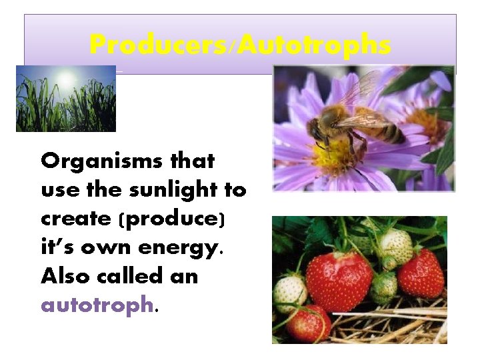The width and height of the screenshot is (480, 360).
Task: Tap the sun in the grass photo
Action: point(65,79)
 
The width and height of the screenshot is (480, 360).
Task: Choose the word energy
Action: point(179,248)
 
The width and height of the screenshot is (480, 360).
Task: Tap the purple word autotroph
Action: point(97,305)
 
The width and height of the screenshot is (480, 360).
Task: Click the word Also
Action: point(63,276)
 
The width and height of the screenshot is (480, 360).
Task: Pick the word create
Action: point(75,219)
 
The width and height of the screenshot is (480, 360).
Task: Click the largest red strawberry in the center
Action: point(339,281)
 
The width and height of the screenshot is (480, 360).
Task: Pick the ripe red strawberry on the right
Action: point(421,273)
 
